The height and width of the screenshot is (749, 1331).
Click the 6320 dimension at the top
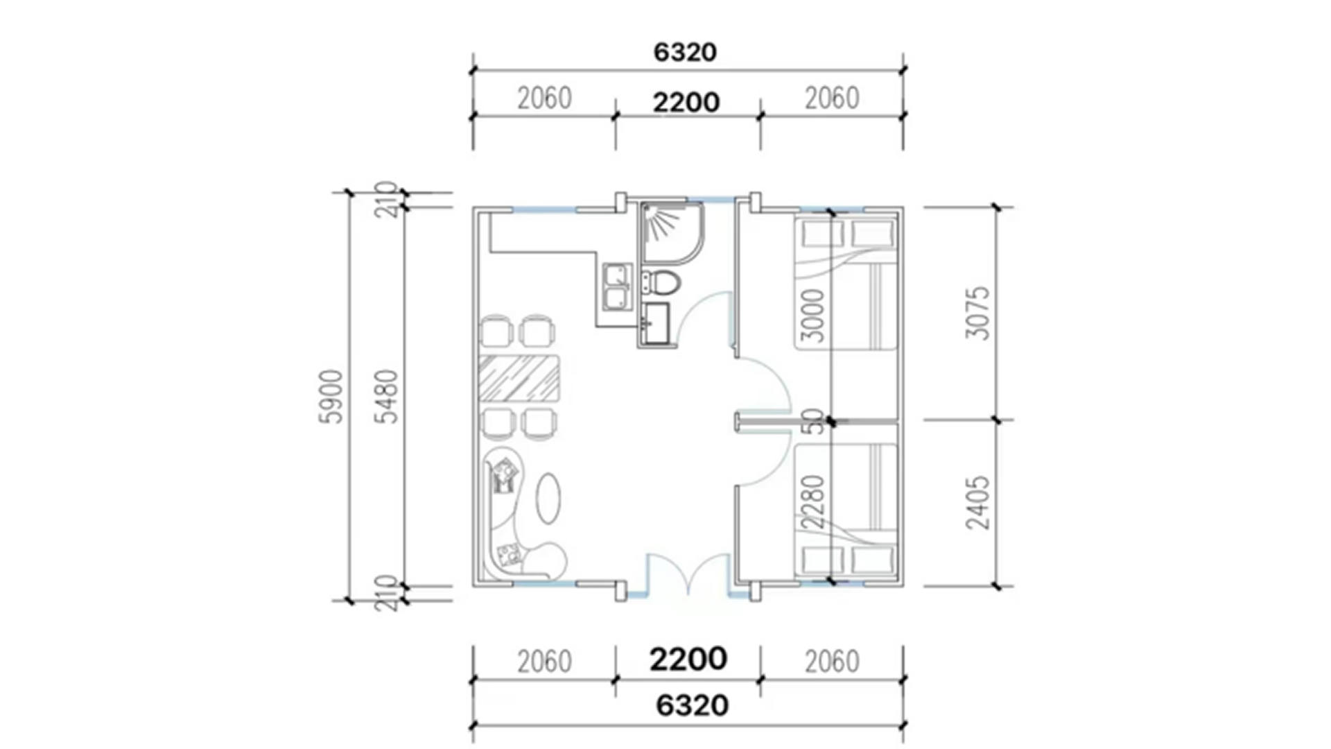(x=685, y=52)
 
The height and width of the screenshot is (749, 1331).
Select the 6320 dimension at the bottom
(x=692, y=705)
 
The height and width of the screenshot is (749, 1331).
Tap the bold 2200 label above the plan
(x=686, y=103)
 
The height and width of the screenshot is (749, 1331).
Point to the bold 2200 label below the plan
(x=688, y=659)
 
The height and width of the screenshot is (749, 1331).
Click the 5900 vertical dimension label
(x=331, y=396)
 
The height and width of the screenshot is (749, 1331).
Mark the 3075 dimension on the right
(x=978, y=313)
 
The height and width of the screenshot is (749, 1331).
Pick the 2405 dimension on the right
(x=978, y=502)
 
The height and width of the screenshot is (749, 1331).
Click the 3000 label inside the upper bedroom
(x=812, y=316)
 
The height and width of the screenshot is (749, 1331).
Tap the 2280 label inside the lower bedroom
(x=812, y=502)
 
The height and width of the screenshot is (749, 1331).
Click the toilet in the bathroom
(x=661, y=283)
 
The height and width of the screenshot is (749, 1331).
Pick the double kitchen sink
(x=617, y=286)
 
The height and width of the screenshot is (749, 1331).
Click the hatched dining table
(x=519, y=378)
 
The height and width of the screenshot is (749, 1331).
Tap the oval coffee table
(x=548, y=497)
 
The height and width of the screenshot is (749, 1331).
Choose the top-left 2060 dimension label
(x=544, y=99)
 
